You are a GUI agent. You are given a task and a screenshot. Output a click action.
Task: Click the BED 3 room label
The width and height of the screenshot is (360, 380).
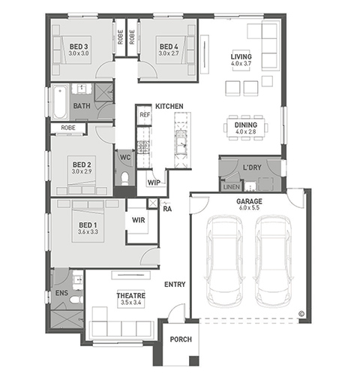79,47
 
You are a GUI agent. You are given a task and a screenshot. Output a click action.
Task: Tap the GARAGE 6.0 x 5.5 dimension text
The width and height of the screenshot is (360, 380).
249,208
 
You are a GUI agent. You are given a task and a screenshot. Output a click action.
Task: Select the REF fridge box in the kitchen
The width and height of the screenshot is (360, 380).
145,115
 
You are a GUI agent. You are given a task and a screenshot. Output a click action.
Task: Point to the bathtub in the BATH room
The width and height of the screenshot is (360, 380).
60,101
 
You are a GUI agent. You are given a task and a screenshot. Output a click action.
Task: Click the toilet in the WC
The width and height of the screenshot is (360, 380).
124,179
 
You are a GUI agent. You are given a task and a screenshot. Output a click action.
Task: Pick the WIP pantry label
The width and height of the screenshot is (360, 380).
154,182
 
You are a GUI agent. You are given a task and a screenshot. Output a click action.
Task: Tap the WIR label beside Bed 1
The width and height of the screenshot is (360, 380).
138,220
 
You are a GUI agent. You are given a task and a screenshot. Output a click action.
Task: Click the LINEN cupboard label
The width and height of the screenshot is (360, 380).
232,187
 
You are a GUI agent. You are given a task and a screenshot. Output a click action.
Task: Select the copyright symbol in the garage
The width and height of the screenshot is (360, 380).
301,314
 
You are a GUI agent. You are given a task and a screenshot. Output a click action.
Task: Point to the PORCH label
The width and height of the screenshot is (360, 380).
181,339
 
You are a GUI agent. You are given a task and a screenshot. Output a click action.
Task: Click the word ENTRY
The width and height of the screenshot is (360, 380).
175,284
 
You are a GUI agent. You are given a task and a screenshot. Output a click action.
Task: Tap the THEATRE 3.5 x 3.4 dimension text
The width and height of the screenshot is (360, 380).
130,303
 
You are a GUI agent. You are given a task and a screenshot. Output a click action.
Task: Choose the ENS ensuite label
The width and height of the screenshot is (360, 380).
61,293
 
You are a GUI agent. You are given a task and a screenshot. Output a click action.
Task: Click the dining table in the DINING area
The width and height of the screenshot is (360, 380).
245,128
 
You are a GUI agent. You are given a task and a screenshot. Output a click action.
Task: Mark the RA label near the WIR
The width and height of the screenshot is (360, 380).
167,209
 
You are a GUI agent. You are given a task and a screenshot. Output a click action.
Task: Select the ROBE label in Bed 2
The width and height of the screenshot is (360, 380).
68,128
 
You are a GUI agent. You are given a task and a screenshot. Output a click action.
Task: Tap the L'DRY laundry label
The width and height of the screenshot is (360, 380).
252,167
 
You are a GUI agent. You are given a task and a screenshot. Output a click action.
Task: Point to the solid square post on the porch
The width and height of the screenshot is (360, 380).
194,360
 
